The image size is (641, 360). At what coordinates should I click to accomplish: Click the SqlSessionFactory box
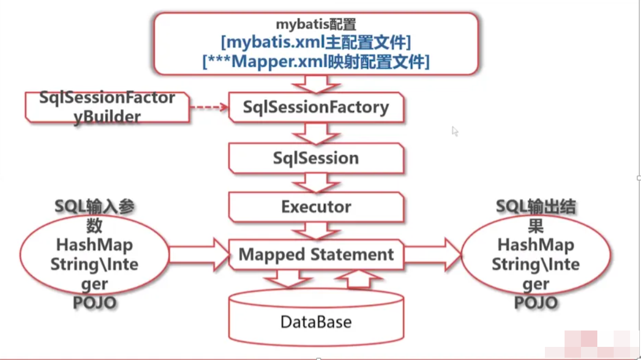[x=316, y=107]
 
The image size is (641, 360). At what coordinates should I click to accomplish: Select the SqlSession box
[x=316, y=158]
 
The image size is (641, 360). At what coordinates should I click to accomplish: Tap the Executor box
[x=316, y=207]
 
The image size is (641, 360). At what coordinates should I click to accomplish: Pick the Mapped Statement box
[x=316, y=255]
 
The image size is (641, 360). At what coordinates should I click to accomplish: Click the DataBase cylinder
[x=316, y=321]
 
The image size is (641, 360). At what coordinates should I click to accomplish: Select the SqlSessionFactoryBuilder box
[x=107, y=107]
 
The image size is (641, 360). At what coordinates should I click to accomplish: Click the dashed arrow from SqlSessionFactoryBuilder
[x=209, y=107]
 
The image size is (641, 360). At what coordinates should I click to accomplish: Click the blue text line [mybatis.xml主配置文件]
[x=316, y=42]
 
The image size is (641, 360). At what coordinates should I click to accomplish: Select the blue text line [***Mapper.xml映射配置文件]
[x=316, y=61]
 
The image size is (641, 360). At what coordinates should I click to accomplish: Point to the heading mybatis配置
[x=316, y=24]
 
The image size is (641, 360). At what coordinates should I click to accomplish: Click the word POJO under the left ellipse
[x=94, y=303]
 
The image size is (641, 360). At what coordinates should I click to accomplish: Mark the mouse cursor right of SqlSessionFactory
[x=455, y=131]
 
